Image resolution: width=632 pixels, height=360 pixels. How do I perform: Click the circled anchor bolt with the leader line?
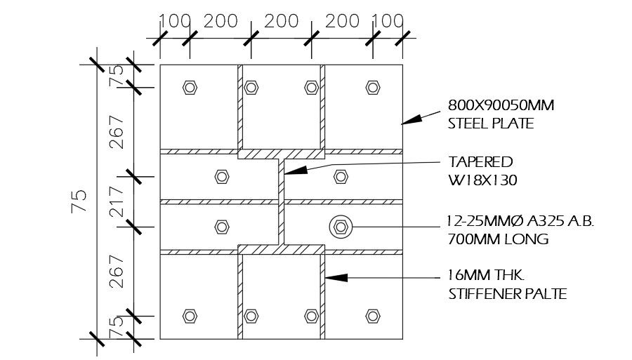coord(341,226)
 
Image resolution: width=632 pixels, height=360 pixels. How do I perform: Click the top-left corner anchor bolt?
coord(189,87)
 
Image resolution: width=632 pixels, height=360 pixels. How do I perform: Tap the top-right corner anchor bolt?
coord(372,87)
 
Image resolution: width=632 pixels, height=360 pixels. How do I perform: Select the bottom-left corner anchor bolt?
coord(189,316)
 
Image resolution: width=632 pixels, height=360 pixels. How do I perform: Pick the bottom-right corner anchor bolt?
coord(372,316)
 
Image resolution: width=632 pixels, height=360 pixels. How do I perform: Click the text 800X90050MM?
coord(501,107)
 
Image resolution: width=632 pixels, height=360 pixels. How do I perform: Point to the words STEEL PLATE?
coord(490,124)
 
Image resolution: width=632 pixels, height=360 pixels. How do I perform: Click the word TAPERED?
coord(480,162)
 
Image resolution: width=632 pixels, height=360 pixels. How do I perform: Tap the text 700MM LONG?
coord(497,239)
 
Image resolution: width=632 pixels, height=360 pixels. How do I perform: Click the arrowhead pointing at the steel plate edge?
coord(409,121)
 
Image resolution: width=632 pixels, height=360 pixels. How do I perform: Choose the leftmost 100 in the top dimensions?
coord(175,21)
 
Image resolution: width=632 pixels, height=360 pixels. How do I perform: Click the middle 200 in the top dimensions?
coord(282,21)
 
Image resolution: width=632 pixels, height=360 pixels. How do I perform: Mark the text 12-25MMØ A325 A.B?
coord(520,222)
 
